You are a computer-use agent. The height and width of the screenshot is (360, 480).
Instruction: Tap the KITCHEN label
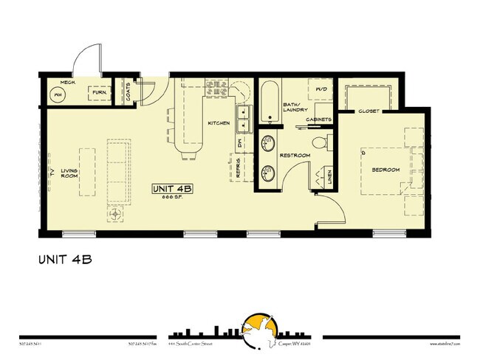[219, 123]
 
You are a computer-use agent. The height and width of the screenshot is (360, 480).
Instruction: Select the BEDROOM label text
[385, 170]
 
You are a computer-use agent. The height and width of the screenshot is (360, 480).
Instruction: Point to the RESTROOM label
[295, 155]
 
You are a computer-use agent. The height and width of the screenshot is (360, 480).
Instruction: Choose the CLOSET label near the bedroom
[368, 112]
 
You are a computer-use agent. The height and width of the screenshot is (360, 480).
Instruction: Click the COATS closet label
[128, 92]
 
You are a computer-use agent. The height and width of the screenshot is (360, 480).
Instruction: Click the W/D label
[322, 90]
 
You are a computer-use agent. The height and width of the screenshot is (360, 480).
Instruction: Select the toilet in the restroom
[318, 142]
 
